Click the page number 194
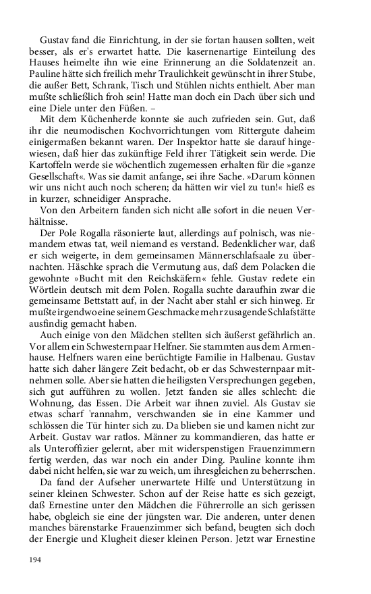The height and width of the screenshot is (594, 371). pos(36,560)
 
